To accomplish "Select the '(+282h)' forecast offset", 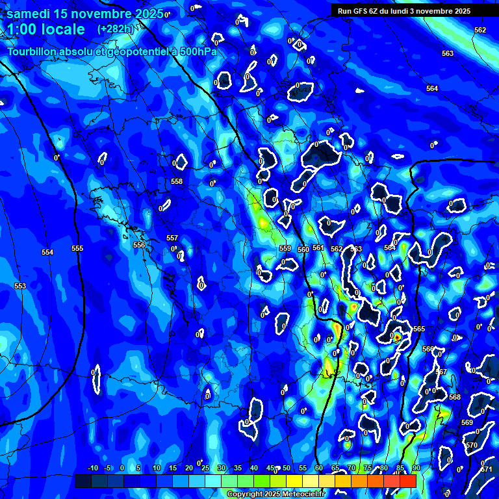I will click(x=115, y=29).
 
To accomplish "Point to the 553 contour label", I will click(x=20, y=286).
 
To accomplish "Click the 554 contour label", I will click(x=47, y=252).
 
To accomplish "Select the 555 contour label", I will click(x=77, y=249).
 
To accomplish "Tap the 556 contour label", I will click(x=139, y=245).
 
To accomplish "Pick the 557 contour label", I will click(x=172, y=238).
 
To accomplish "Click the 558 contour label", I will click(x=177, y=181).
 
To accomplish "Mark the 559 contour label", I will click(x=285, y=248).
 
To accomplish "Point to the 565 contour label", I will click(x=419, y=329).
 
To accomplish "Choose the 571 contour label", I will click(x=486, y=469).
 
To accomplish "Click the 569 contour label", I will click(x=467, y=422).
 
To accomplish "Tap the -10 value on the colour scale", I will click(x=92, y=468).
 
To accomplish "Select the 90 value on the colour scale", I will click(x=416, y=468).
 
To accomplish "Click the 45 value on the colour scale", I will click(x=270, y=468).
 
